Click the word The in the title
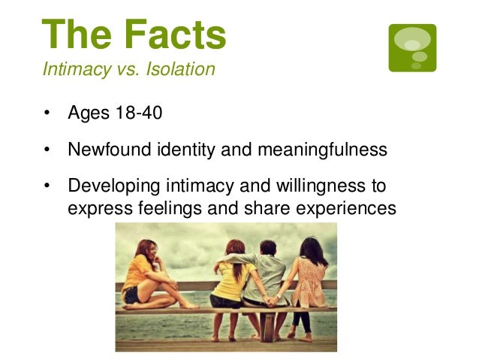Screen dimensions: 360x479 click(73, 35)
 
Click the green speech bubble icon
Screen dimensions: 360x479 click(412, 47)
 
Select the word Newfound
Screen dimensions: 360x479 click(105, 150)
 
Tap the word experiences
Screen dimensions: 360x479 click(347, 207)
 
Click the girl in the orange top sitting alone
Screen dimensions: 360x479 click(143, 274)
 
